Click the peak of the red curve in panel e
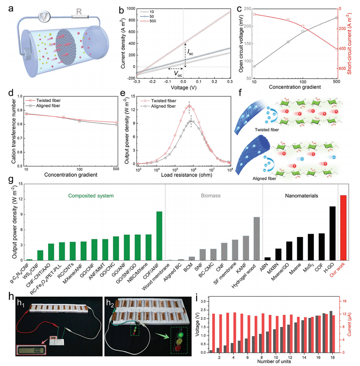point(190,106)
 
